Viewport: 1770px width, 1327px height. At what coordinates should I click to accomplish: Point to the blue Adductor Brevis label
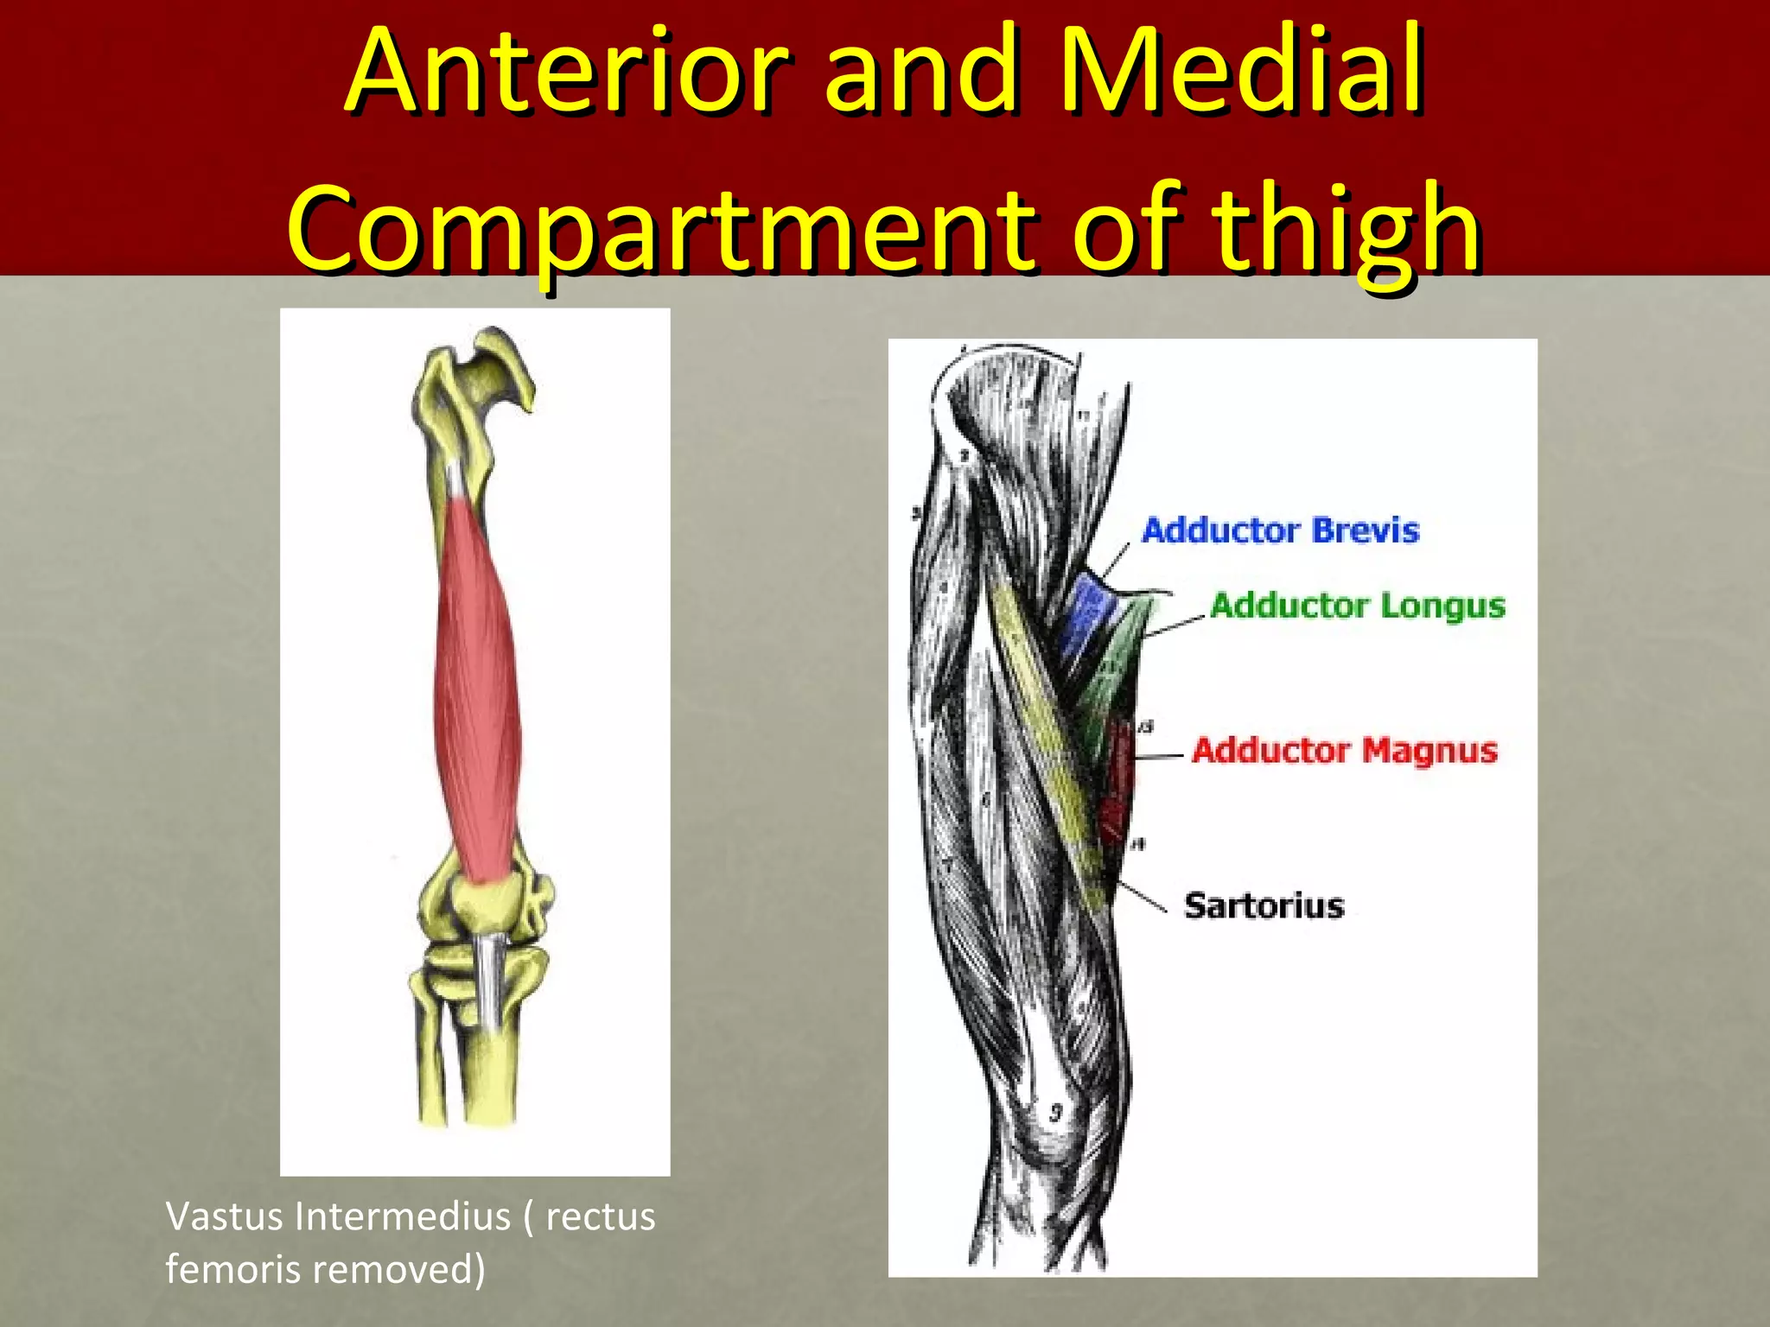(1280, 530)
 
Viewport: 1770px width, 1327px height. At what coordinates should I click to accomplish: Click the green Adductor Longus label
(1357, 606)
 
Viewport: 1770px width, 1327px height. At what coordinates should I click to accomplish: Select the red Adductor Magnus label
(1344, 750)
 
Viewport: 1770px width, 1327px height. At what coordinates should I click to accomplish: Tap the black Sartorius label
(1264, 905)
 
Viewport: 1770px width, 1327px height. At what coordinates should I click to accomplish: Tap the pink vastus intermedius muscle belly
(477, 691)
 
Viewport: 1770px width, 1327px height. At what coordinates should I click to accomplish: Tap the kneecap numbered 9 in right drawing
(1054, 1114)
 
